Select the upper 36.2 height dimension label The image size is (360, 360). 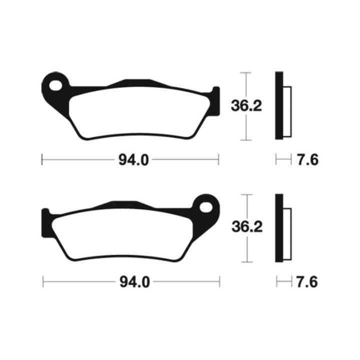(246, 106)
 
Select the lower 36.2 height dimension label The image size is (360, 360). (246, 227)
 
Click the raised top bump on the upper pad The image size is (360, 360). (136, 82)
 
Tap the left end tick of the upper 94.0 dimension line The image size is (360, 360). (42, 160)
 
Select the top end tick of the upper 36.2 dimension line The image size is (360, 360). (244, 72)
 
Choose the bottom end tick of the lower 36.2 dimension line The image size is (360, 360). (244, 262)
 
